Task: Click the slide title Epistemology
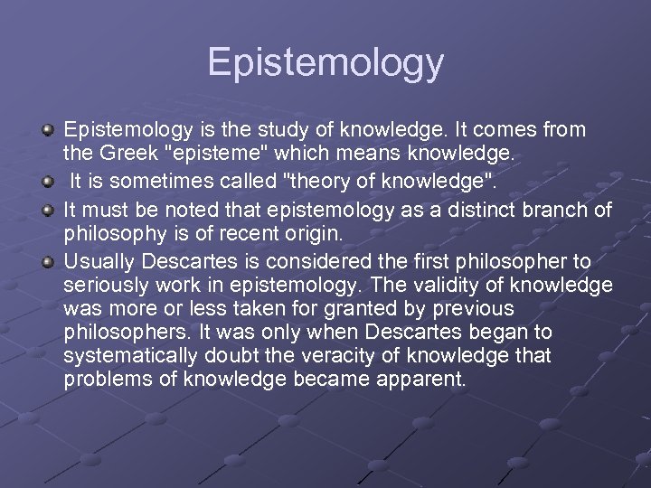coord(325,62)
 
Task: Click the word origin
coord(312,233)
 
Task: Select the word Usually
coord(97,262)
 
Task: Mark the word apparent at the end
coord(427,380)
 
